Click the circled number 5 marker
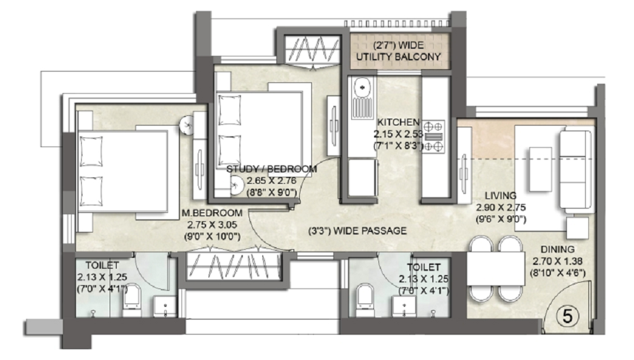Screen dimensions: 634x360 [x=567, y=316]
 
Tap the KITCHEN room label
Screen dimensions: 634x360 [x=398, y=122]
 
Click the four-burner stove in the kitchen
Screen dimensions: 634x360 [x=434, y=136]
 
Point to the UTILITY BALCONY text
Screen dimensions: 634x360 [x=398, y=56]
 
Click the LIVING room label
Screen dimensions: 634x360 [x=501, y=196]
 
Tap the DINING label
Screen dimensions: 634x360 [x=557, y=249]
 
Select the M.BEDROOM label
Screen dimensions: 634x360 [x=212, y=213]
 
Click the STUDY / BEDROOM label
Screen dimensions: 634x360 [x=271, y=169]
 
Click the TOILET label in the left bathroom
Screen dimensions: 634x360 [x=102, y=266]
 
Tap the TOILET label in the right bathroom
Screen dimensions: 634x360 [x=424, y=267]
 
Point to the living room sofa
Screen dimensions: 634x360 [x=576, y=169]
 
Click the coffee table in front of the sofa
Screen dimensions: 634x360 [x=541, y=169]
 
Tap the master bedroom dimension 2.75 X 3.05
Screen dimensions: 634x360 [x=212, y=224]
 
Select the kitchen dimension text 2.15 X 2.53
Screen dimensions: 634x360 [x=398, y=134]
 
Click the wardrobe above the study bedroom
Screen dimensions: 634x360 [x=311, y=49]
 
